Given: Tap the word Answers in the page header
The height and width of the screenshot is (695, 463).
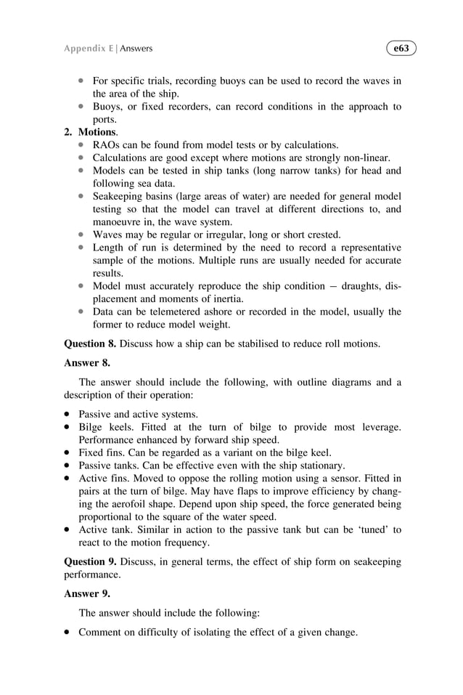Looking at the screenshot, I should click(x=136, y=49).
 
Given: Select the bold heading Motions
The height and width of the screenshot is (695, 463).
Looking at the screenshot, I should click(x=97, y=132).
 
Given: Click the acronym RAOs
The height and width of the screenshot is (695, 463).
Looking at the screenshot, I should click(x=107, y=145).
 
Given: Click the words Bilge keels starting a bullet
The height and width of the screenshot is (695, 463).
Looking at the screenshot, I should click(x=105, y=427).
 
